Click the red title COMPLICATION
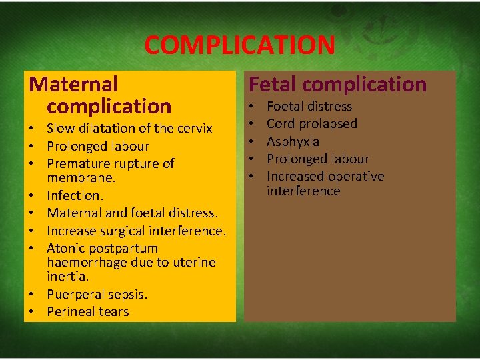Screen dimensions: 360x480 pos(239,45)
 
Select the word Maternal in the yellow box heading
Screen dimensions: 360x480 pos(73,85)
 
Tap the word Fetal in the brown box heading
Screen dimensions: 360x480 pos(271,85)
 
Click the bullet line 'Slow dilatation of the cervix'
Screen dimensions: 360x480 pos(129,129)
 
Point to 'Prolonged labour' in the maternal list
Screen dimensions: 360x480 pos(97,146)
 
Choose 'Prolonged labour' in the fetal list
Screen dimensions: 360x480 pos(317,159)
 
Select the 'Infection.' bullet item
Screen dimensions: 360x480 pos(75,196)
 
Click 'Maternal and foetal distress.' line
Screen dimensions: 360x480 pos(132,213)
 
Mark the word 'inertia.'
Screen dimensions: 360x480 pos(68,276)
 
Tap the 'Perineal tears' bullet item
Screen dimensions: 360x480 pos(87,311)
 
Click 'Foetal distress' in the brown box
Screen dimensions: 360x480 pos(309,106)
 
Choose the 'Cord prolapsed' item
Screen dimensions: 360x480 pos(311,123)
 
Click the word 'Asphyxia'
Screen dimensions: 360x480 pos(293,141)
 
